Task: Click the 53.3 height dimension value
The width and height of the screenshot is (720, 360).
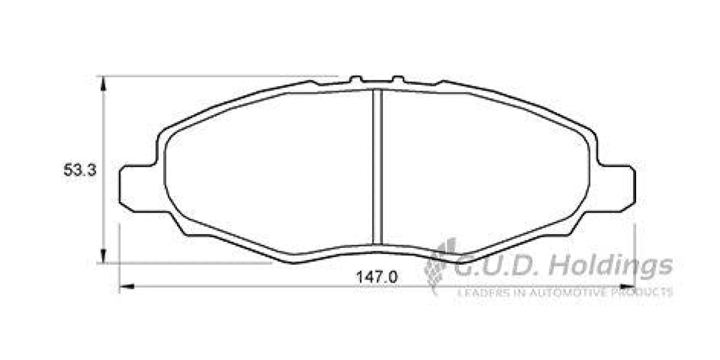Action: point(79,170)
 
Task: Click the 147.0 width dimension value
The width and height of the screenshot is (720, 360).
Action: point(377,277)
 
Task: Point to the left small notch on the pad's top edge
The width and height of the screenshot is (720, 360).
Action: point(356,79)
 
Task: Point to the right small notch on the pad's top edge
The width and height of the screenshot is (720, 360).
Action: point(398,79)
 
